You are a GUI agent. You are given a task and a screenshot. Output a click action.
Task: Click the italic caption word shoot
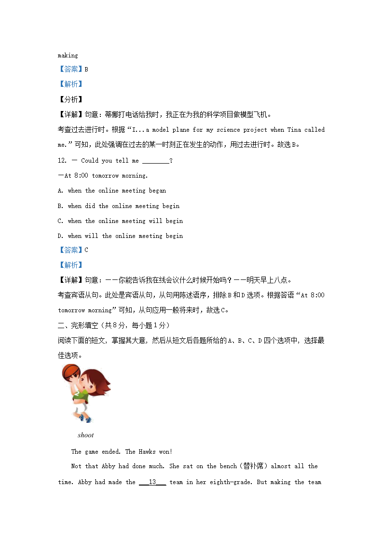[85, 435]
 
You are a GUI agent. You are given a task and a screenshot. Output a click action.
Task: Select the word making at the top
[68, 56]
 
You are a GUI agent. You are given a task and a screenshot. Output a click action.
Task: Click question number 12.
[62, 161]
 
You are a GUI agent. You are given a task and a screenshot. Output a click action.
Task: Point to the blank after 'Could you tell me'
[156, 161]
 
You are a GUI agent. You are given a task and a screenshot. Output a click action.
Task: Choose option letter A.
[60, 191]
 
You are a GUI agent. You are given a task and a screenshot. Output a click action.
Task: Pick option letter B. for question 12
[60, 206]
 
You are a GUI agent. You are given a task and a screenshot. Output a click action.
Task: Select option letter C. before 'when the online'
[60, 221]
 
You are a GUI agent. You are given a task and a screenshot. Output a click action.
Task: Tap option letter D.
[60, 236]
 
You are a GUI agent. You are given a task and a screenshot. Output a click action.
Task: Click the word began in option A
[157, 191]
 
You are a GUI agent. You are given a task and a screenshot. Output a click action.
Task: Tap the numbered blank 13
[152, 482]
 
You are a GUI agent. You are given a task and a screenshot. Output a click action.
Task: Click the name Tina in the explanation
[294, 130]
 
